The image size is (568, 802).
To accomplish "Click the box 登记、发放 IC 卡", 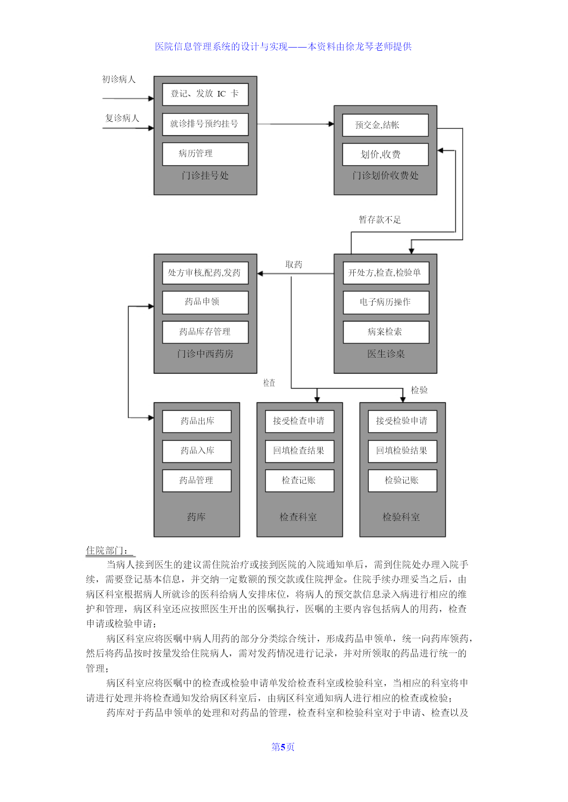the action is tap(205, 94).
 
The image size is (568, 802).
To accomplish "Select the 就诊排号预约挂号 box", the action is tap(205, 124).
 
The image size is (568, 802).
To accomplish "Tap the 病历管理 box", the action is tap(205, 154).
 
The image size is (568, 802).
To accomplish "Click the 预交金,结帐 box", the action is tap(385, 125).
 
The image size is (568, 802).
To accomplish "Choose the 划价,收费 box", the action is tap(385, 155).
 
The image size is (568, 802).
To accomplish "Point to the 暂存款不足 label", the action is tap(380, 220).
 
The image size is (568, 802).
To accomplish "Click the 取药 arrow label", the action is tap(294, 265).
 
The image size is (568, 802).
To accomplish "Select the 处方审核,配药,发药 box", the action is tap(205, 273).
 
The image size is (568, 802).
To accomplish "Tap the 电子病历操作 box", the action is tap(386, 302).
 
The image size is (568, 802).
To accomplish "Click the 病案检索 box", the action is tap(386, 332).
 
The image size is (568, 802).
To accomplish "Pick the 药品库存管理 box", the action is tap(205, 332).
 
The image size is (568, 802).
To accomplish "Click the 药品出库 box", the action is tap(197, 421).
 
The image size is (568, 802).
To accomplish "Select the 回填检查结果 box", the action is tap(300, 451).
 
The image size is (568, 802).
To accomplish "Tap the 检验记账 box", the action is tap(402, 481).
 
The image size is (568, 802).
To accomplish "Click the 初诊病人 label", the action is tap(119, 80).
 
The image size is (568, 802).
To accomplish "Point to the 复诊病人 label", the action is tap(122, 118).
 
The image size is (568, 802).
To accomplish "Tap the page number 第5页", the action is tap(283, 747).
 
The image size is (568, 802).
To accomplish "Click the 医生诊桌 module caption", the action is tap(386, 354).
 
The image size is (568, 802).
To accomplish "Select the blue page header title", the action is tap(283, 47).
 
